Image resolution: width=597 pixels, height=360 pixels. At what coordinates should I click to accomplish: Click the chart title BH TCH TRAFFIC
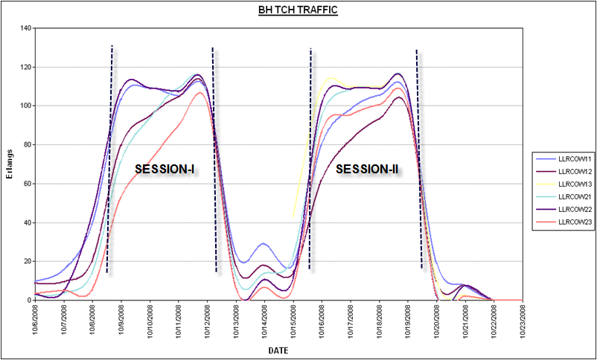tap(298, 11)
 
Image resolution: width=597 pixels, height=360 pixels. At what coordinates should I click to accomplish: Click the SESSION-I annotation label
tap(165, 170)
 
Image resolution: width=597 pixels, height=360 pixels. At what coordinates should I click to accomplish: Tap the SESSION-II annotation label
tap(367, 170)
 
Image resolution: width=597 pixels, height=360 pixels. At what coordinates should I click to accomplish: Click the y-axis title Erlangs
tap(9, 164)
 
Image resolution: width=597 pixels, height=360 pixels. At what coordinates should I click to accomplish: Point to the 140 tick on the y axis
tap(25, 28)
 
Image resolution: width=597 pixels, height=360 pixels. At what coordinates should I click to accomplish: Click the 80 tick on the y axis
tap(28, 145)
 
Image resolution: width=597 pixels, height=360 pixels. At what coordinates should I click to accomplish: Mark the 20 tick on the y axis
tap(28, 261)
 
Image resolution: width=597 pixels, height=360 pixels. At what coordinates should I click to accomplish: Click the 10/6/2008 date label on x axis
tap(36, 320)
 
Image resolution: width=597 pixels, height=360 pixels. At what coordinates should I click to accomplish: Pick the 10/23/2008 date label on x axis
tap(523, 320)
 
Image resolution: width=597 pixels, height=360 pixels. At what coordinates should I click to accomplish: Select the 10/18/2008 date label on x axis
tap(380, 320)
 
